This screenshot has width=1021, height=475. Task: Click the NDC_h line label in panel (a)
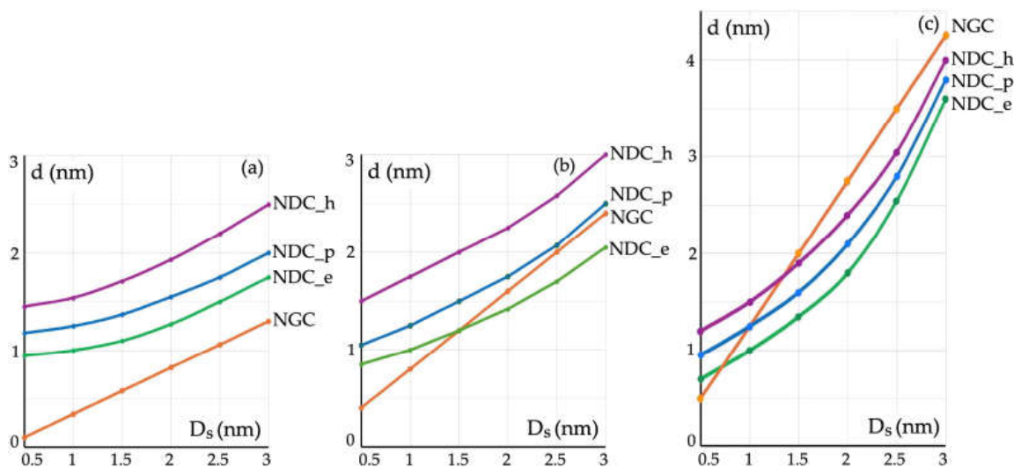300,204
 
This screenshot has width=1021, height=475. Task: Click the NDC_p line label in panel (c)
980,81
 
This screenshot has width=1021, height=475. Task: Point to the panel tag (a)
252,169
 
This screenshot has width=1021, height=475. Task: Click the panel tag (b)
564,166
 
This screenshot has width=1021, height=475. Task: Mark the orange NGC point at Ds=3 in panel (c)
945,36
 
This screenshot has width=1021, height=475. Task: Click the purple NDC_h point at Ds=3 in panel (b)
605,155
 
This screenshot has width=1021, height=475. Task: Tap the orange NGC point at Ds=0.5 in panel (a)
25,437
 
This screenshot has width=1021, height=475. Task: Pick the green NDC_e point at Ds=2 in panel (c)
847,274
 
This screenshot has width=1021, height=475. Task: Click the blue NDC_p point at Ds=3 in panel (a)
268,252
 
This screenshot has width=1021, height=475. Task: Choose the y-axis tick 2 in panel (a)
12,252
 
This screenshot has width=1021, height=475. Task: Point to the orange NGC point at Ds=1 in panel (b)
409,369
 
